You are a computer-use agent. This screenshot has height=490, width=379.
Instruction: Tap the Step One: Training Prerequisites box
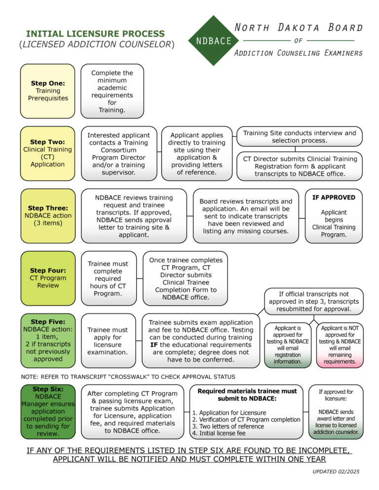point(47,91)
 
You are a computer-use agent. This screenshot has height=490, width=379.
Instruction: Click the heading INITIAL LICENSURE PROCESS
point(95,34)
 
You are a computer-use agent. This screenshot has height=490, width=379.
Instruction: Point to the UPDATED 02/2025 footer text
point(336,472)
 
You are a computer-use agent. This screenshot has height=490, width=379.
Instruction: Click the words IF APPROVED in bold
point(334,198)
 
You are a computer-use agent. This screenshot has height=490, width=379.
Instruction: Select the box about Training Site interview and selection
point(300,137)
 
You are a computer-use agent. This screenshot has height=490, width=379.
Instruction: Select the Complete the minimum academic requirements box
point(112,91)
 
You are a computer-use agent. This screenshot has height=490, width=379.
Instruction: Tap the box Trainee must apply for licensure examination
point(108,340)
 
